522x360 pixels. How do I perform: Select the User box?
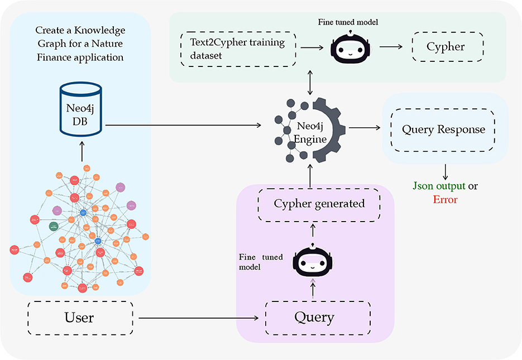[79, 318]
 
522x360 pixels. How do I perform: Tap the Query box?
[314, 318]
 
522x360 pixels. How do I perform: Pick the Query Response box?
[443, 129]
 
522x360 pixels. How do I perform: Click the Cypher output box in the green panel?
[445, 46]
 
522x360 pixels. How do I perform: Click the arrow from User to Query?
[198, 319]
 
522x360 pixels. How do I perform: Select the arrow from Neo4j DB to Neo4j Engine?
[184, 124]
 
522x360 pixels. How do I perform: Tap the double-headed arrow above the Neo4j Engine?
[310, 81]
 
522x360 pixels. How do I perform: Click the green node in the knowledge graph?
[54, 226]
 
